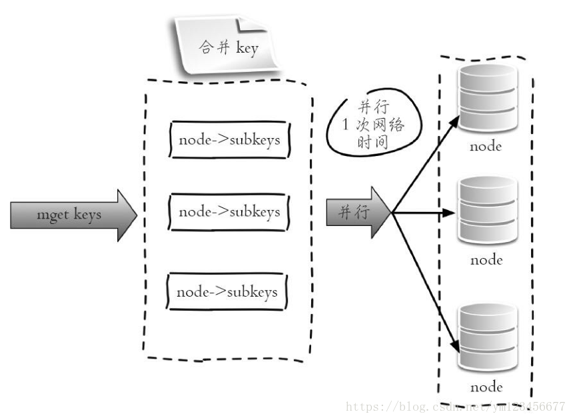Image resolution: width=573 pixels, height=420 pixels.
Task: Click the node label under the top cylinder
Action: click(486, 146)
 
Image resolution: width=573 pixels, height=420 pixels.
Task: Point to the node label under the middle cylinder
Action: click(486, 260)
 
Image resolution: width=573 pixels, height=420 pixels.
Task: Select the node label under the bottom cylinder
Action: click(486, 387)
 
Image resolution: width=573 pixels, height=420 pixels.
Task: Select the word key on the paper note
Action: click(246, 49)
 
